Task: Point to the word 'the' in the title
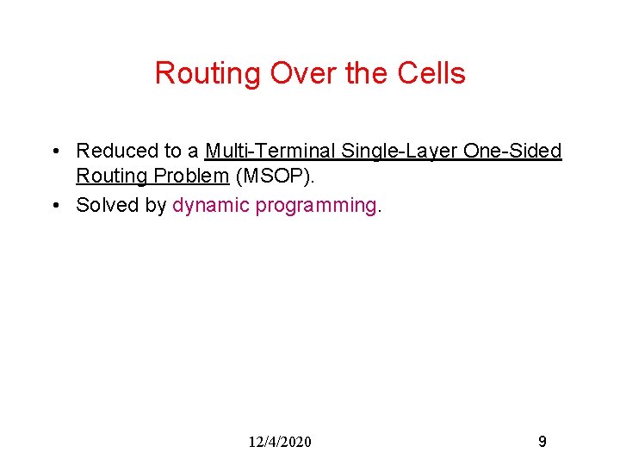(367, 74)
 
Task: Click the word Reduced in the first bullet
(113, 152)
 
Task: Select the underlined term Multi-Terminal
(270, 152)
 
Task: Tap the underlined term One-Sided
(512, 152)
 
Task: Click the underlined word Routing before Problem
(108, 177)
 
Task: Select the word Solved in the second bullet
(102, 205)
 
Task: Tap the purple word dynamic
(211, 205)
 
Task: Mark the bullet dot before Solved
(55, 206)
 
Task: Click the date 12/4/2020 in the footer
(280, 442)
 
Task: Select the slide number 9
(542, 442)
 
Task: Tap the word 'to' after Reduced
(166, 152)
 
